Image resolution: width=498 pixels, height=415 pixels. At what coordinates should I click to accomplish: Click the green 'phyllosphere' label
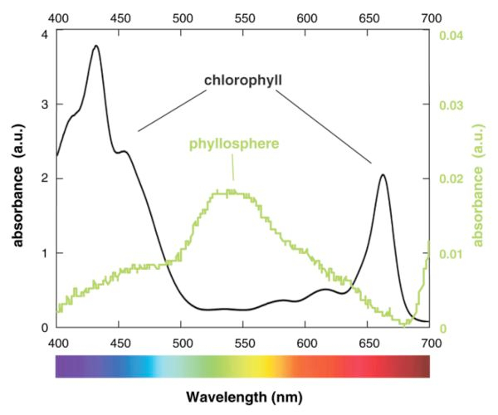click(232, 143)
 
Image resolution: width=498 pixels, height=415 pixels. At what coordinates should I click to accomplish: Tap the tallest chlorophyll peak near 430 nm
click(95, 46)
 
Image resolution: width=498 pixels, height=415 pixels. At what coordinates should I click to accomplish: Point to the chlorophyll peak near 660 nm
click(383, 174)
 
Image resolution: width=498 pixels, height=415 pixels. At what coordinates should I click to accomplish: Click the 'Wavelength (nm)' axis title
click(242, 398)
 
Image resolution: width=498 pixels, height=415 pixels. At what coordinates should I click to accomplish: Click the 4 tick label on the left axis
click(43, 33)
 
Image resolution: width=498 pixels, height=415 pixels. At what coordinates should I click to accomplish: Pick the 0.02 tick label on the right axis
click(448, 179)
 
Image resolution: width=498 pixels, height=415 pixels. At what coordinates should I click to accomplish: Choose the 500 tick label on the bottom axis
click(182, 342)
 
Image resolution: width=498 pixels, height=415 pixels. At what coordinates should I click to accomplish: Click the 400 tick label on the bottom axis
click(57, 342)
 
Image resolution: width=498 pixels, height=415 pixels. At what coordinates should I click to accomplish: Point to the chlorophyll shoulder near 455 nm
click(124, 151)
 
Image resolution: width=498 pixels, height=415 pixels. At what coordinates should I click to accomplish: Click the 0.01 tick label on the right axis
click(448, 253)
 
